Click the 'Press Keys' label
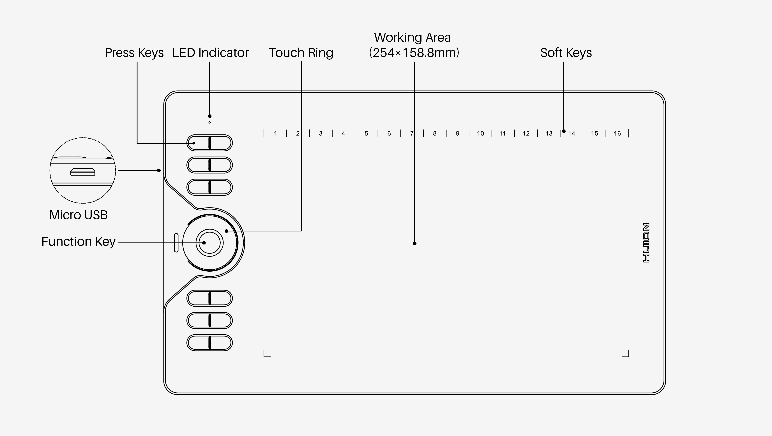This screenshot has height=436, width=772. coord(134,53)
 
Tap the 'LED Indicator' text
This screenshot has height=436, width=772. coord(210,53)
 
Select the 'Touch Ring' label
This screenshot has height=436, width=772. coord(301,53)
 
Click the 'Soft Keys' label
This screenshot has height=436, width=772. coord(566,53)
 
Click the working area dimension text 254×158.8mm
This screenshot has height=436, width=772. coord(414,53)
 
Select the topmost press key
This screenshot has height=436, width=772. coord(209,143)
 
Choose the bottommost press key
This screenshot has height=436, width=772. coord(209,342)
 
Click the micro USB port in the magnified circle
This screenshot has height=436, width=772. coord(83,172)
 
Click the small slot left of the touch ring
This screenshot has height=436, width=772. coord(176,243)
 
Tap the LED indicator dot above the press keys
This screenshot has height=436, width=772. coord(209,122)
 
